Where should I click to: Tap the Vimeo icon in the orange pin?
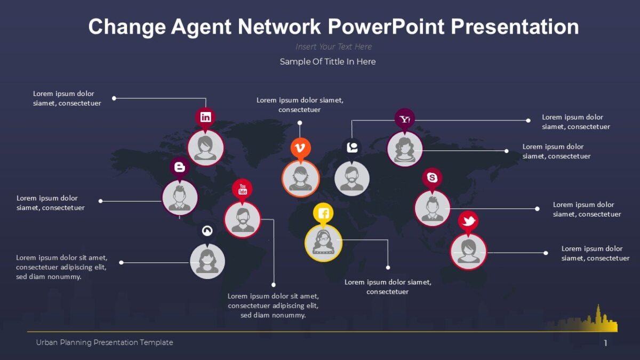[x=300, y=147]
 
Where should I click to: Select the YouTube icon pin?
[x=243, y=188]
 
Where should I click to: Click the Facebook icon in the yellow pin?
[x=323, y=213]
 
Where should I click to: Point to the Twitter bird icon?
[x=468, y=220]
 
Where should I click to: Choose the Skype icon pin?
[x=432, y=178]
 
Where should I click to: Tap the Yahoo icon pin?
[x=405, y=119]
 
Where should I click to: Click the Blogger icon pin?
[x=180, y=167]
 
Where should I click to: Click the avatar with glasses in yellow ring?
[x=323, y=243]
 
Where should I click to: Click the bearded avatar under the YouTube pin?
[x=243, y=219]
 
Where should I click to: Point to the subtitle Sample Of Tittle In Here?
[x=327, y=62]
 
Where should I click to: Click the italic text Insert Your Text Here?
[x=334, y=47]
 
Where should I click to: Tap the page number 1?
[x=605, y=343]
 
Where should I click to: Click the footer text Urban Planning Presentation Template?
[x=105, y=342]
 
